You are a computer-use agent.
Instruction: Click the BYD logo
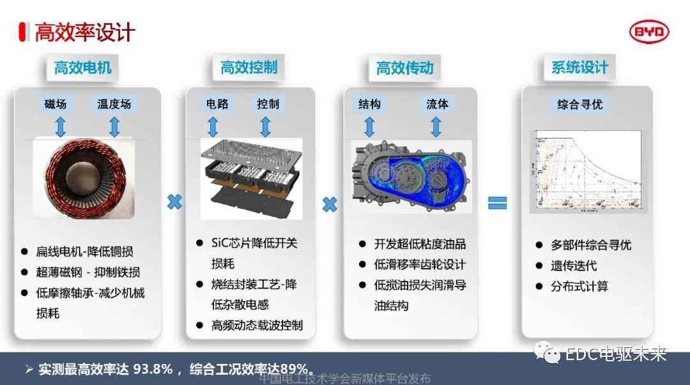click(649, 32)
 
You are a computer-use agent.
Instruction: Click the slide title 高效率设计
click(84, 33)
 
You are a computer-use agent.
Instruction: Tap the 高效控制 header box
click(249, 68)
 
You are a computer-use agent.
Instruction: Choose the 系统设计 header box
click(580, 68)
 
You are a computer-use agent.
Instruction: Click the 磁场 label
click(55, 103)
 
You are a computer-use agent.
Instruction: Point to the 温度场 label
click(114, 103)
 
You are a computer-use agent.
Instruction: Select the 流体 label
click(438, 104)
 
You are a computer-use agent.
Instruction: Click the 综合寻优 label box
click(580, 104)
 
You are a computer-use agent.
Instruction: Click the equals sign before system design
click(497, 203)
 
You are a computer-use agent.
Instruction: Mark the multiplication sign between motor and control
click(174, 202)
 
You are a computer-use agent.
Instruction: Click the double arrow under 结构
click(369, 126)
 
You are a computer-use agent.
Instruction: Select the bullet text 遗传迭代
click(574, 266)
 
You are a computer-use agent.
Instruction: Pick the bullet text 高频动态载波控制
click(257, 326)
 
